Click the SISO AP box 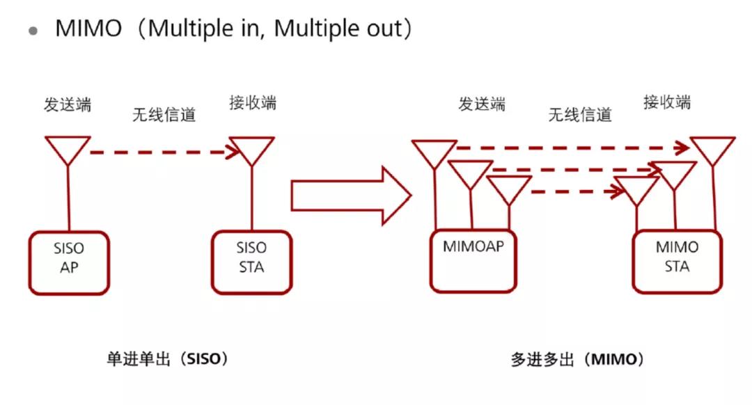(x=69, y=262)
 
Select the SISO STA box (x=251, y=262)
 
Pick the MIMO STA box (x=677, y=262)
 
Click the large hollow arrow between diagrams (x=350, y=196)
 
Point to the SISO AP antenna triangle (x=68, y=148)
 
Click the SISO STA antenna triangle (x=251, y=149)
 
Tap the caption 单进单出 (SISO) (x=167, y=359)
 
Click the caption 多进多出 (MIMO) (x=577, y=360)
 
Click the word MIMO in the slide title (x=88, y=29)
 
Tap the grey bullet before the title (x=33, y=31)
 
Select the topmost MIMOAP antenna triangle (x=434, y=152)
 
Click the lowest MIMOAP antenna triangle (x=509, y=188)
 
